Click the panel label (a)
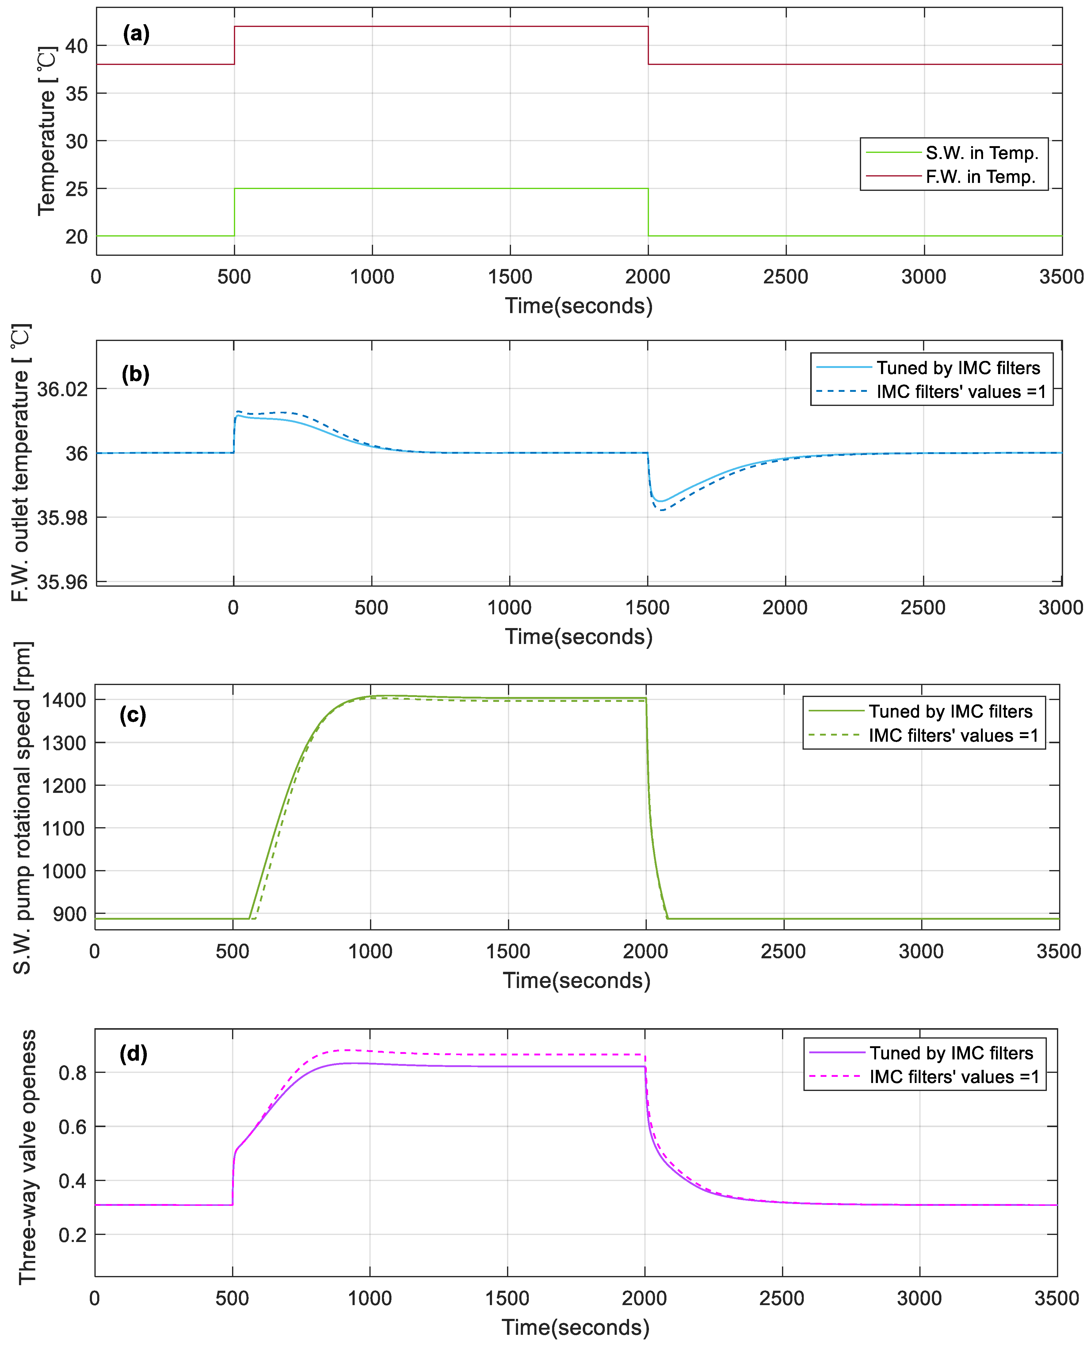pos(136,34)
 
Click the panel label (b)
pos(135,374)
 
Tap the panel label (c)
pos(133,715)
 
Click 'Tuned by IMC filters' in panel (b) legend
pos(958,368)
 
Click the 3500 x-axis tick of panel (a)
pos(1061,277)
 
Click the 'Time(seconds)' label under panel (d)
pos(575,1327)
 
